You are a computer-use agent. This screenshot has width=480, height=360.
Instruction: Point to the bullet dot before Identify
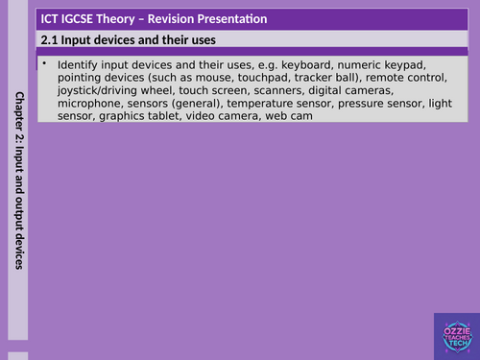click(45, 63)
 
